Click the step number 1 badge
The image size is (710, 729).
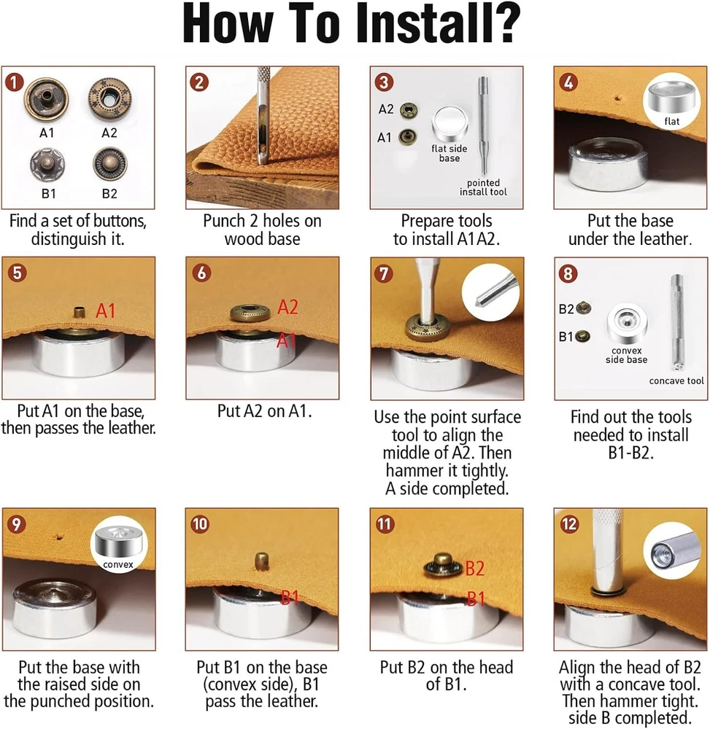[x=15, y=82]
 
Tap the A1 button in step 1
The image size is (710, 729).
[x=46, y=99]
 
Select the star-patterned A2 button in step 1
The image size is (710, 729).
[x=109, y=99]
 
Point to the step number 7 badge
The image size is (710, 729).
[x=384, y=273]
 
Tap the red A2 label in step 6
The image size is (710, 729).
[x=288, y=308]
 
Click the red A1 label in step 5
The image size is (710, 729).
[x=106, y=311]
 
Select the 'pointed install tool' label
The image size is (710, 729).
[x=483, y=187]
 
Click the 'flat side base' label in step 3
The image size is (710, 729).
[x=449, y=153]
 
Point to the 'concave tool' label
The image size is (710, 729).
[x=676, y=381]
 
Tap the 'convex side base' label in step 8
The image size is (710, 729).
[x=626, y=355]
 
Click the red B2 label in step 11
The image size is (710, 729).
[x=475, y=568]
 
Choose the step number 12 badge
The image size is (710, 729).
[x=568, y=524]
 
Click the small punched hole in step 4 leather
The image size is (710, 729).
[x=618, y=98]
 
